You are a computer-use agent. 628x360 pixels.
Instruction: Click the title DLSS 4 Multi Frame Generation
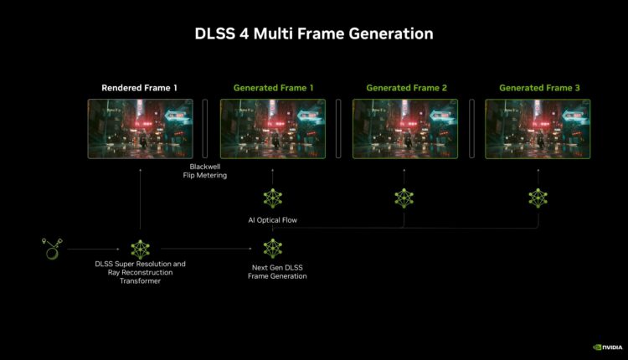pos(314,33)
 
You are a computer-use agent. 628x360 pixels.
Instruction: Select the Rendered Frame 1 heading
pos(139,88)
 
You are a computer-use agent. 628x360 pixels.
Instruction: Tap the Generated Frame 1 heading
pos(273,88)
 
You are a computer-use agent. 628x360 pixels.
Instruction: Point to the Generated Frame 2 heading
pos(406,88)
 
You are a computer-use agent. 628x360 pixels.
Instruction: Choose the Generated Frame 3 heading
pos(539,88)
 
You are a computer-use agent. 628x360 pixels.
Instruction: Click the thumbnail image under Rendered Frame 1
pos(140,129)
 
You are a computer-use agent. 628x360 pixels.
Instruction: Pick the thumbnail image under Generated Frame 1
pos(273,129)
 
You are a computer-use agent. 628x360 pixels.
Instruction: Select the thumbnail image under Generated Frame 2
pos(405,129)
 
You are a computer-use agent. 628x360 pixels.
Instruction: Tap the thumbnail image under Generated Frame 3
pos(538,129)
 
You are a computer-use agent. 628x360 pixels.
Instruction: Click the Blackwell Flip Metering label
pos(204,171)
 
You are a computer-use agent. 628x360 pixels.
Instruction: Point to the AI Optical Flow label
pos(273,220)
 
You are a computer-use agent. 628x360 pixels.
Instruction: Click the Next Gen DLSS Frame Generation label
pos(277,271)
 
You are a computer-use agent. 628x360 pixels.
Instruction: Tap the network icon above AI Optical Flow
pos(273,198)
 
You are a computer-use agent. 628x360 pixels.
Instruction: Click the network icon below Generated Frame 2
pos(404,198)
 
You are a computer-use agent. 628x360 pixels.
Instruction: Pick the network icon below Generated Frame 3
pos(538,198)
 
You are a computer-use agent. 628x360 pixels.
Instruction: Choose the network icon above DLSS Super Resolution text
pos(140,249)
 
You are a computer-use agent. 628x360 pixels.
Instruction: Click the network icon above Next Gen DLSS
pos(273,249)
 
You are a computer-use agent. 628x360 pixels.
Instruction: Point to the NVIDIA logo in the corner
pos(608,347)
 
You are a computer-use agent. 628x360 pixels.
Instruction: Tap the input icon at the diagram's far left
pos(52,249)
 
